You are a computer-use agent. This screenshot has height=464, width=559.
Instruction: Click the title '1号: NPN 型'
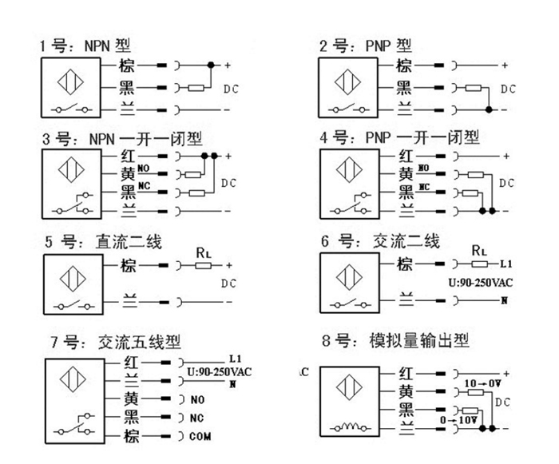tap(85, 46)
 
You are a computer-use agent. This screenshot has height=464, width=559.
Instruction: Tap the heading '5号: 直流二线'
tap(103, 242)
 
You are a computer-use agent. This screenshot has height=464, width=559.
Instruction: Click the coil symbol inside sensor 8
tap(351, 429)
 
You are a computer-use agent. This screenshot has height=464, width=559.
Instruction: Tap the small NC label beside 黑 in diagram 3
tap(145, 187)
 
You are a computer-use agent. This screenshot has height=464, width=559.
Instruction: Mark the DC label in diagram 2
tap(508, 88)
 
